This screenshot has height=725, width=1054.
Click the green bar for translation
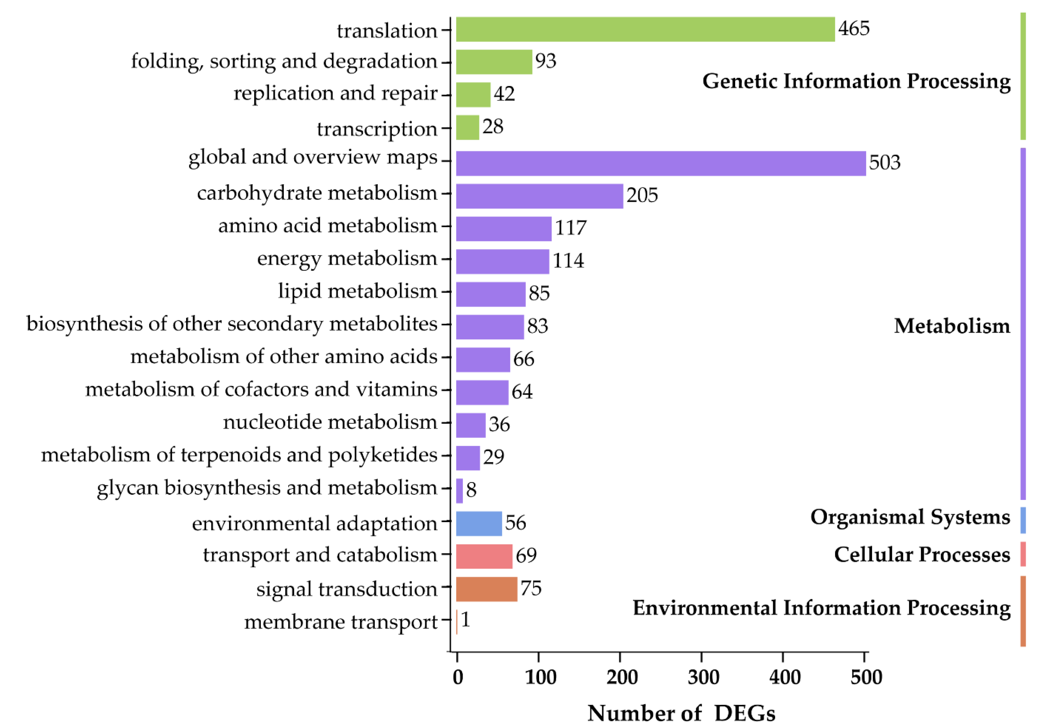[x=645, y=30]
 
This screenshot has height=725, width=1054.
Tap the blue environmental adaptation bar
[x=479, y=524]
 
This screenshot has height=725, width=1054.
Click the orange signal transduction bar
[x=487, y=589]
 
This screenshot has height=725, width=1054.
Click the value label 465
[x=854, y=29]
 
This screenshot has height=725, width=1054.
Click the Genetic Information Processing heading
[x=856, y=82]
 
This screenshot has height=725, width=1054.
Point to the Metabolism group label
[x=952, y=326]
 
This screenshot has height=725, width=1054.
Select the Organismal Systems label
[x=910, y=517]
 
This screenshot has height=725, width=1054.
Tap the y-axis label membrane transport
[x=341, y=622]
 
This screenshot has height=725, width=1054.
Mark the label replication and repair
[x=335, y=94]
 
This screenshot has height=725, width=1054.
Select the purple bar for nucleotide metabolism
[x=471, y=425]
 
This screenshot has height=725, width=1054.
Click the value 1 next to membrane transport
[x=465, y=620]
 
